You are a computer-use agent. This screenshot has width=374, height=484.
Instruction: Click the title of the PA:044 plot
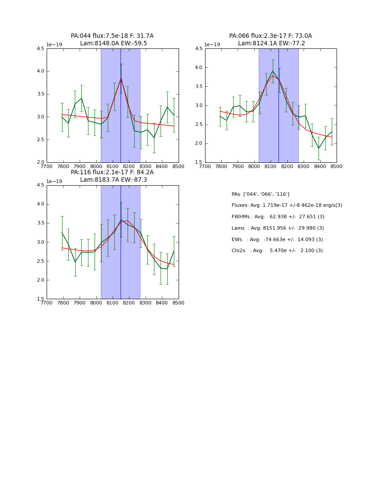click(x=112, y=40)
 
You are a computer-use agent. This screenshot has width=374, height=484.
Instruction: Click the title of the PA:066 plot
click(x=271, y=40)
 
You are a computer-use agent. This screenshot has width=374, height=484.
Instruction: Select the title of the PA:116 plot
click(x=112, y=176)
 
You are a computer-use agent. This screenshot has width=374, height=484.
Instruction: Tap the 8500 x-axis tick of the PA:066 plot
click(x=336, y=166)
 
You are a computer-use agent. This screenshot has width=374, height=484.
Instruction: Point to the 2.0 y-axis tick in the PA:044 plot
click(x=40, y=162)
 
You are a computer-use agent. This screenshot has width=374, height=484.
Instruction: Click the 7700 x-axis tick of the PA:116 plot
click(x=47, y=303)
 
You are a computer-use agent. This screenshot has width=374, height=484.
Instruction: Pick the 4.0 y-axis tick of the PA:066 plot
click(x=198, y=67)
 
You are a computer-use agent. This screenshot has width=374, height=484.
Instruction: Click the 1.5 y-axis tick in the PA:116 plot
click(x=40, y=299)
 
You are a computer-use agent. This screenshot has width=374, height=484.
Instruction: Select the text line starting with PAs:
click(x=260, y=194)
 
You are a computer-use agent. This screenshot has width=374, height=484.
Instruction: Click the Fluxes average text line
click(x=286, y=205)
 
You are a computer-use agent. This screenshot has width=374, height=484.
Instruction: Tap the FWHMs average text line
click(x=278, y=216)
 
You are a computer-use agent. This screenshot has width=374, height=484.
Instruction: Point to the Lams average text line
click(x=278, y=228)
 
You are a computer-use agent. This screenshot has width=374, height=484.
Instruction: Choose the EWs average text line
click(x=277, y=239)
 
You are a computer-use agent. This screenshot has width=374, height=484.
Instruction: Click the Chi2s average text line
click(x=277, y=251)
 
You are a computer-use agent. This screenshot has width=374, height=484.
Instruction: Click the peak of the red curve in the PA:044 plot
click(x=121, y=79)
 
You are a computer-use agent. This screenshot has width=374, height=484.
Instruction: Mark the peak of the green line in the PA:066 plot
click(x=272, y=71)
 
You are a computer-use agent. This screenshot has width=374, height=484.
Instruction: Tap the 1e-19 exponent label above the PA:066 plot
click(x=212, y=45)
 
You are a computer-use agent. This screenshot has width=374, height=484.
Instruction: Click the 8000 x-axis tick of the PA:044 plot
click(x=96, y=166)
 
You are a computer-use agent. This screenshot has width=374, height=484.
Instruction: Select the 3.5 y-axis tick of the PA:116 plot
click(x=40, y=223)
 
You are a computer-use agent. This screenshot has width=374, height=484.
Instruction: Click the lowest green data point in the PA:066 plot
click(x=319, y=148)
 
